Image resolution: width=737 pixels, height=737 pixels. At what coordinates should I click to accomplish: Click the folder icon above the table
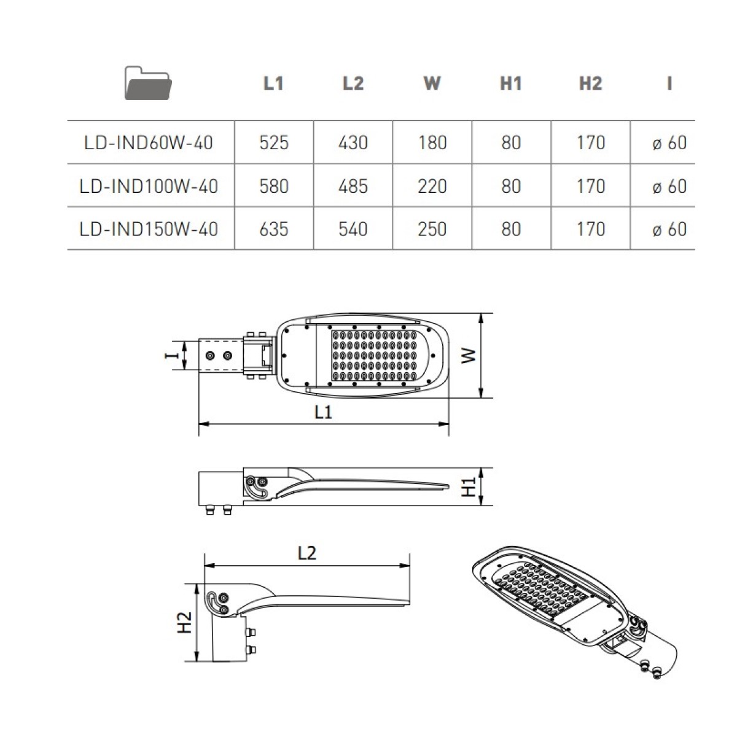pyautogui.click(x=148, y=84)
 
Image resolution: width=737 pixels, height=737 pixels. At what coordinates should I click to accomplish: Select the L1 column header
pyautogui.click(x=273, y=84)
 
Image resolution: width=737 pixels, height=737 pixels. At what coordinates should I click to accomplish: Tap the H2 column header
pyautogui.click(x=590, y=84)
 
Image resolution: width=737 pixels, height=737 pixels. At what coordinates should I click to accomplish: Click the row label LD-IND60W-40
pyautogui.click(x=149, y=143)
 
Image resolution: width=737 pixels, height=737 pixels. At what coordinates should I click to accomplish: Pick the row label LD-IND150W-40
pyautogui.click(x=149, y=229)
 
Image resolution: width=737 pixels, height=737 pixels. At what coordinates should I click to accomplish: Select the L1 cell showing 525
pyautogui.click(x=274, y=143)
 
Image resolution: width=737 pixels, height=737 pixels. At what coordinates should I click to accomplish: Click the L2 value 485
pyautogui.click(x=353, y=186)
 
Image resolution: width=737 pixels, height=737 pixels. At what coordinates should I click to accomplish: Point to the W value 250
pyautogui.click(x=432, y=229)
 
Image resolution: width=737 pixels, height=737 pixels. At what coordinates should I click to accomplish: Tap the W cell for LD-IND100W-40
pyautogui.click(x=432, y=186)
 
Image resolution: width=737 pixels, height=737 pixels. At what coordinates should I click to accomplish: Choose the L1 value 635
pyautogui.click(x=274, y=229)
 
